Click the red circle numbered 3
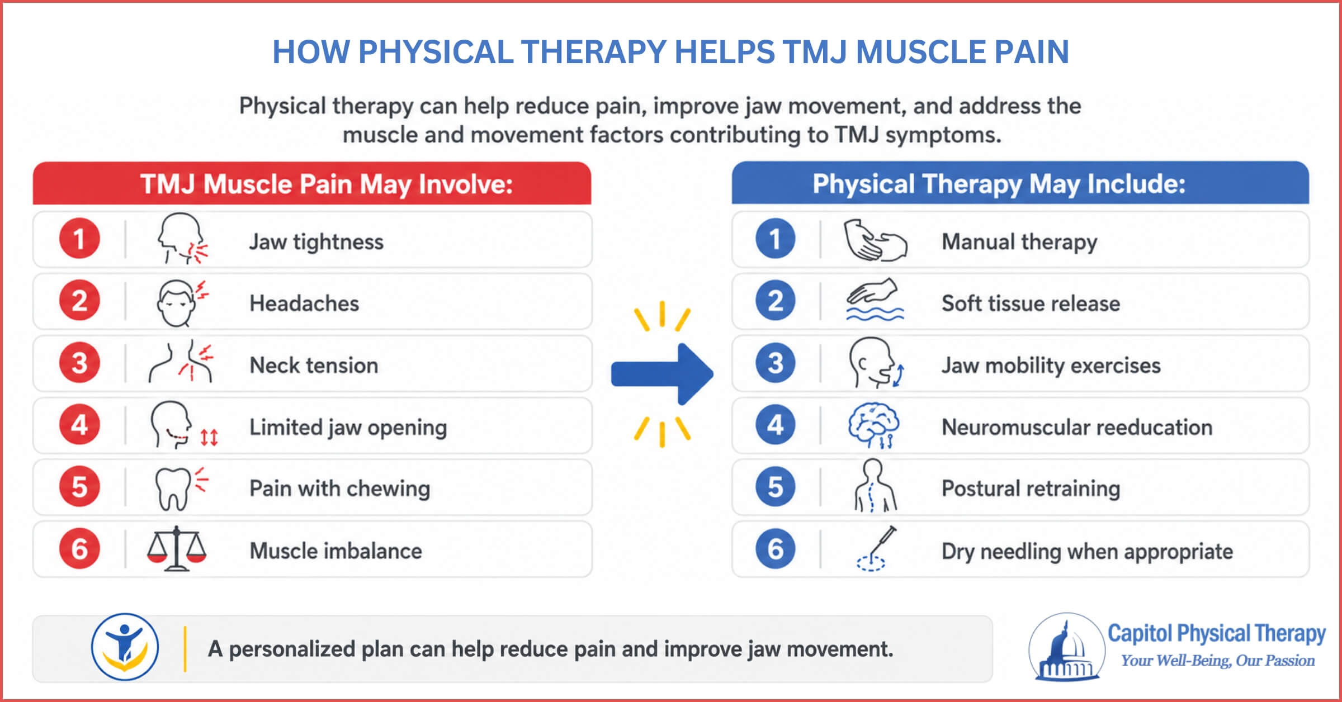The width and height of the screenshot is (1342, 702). click(79, 363)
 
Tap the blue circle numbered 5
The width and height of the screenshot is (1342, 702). click(776, 486)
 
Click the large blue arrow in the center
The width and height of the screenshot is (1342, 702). click(662, 374)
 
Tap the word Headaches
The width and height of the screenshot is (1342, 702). click(304, 303)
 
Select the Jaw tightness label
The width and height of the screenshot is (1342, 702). click(316, 242)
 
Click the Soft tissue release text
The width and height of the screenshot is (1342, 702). click(1031, 303)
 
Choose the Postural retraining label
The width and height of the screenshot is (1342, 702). click(1031, 488)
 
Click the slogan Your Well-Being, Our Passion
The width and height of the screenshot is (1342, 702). click(1218, 661)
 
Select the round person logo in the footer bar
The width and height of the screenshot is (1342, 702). click(125, 647)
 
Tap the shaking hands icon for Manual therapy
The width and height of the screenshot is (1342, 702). click(875, 240)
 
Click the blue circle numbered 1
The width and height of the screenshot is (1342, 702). click(776, 239)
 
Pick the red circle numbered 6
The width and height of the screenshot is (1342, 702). click(79, 548)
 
